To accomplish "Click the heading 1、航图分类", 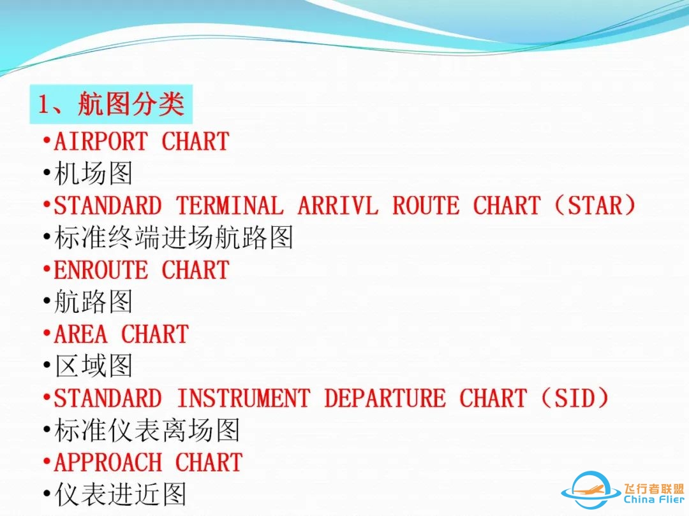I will coord(112,104).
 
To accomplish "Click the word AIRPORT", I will coord(101,141).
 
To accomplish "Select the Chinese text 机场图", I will coord(94,173).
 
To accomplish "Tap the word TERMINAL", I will coord(230,206).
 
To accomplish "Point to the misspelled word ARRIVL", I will coord(337,206).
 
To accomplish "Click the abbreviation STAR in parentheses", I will coord(595,206).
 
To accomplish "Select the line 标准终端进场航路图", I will coord(174,238).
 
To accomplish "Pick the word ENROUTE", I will coord(101,270).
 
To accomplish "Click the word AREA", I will coord(80,334).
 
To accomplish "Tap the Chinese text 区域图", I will coord(94,366).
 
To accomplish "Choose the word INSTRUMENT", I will coord(243,398).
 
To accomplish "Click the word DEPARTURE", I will coord(385,398).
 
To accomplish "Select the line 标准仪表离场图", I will coord(147,431).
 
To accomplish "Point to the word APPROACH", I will coord(108,462).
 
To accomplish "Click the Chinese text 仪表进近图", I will coord(121,494).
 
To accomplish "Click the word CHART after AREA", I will coord(155,334).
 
